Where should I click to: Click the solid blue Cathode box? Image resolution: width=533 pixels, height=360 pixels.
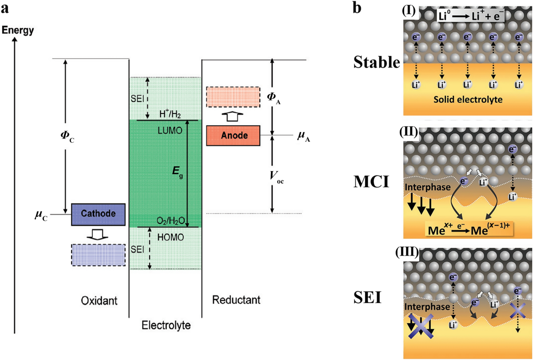coord(98,214)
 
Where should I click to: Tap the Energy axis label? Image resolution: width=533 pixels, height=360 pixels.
coord(18,30)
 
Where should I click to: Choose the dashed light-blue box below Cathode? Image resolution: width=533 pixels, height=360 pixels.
coord(98,255)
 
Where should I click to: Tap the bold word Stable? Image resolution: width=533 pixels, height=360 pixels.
coord(377,63)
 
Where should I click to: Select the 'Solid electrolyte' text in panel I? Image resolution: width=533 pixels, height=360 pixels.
coord(468,100)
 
